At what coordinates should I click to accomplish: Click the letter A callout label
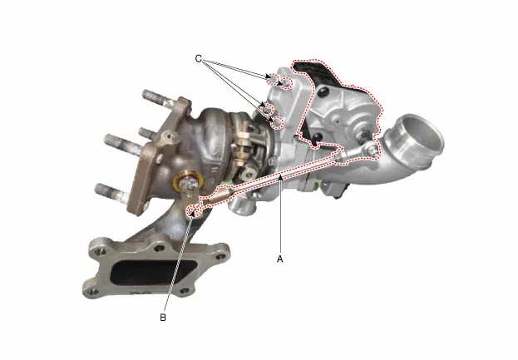280,259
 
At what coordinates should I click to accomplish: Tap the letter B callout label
163,318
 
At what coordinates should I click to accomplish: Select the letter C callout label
198,58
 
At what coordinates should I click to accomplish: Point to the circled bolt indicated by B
194,211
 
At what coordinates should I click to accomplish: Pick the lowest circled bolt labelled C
279,122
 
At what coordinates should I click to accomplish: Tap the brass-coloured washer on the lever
188,181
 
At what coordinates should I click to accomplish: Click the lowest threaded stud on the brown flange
110,192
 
